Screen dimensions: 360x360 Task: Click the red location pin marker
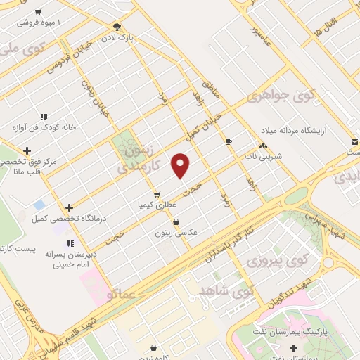pyautogui.click(x=181, y=165)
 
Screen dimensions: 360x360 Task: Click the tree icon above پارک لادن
pyautogui.click(x=116, y=27)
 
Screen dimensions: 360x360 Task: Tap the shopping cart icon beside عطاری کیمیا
pyautogui.click(x=157, y=195)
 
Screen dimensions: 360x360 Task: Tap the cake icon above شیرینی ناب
pyautogui.click(x=264, y=146)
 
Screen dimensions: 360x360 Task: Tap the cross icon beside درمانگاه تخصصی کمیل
pyautogui.click(x=69, y=207)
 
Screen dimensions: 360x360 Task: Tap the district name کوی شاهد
pyautogui.click(x=226, y=290)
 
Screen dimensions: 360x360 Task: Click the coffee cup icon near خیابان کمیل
pyautogui.click(x=229, y=142)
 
